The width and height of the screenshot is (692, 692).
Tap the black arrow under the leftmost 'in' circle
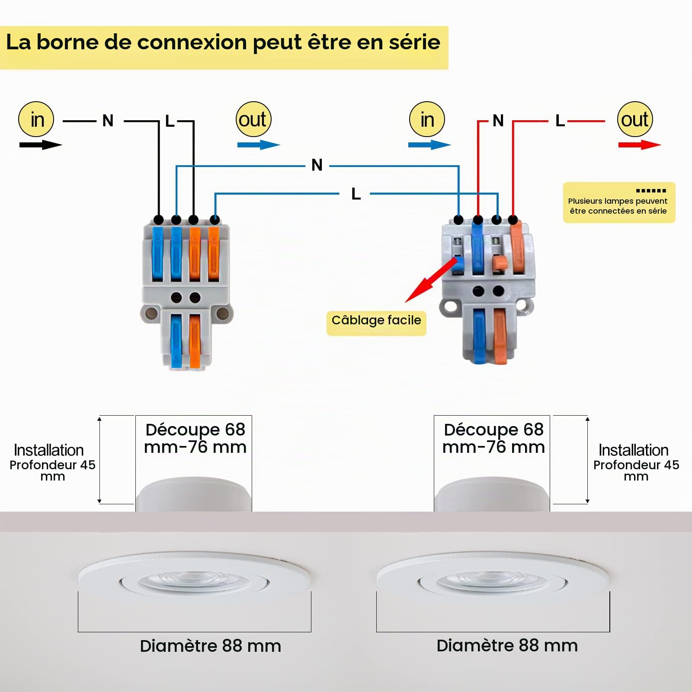click(41, 145)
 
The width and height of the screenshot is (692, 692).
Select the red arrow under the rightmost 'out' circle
click(640, 145)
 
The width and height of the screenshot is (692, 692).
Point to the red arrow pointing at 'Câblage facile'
click(431, 280)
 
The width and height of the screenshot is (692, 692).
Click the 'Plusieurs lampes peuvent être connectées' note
click(619, 202)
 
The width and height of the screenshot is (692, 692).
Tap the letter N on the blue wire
click(317, 165)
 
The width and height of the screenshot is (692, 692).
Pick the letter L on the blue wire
click(356, 194)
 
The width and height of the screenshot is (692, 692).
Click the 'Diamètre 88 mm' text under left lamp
click(211, 646)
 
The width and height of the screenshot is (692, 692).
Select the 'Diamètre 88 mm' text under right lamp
click(507, 645)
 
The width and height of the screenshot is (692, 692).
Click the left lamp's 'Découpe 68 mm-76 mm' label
click(195, 438)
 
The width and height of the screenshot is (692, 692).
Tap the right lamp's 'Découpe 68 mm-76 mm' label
click(493, 438)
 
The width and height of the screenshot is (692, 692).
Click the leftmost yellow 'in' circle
click(36, 119)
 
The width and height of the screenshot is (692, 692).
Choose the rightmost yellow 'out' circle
click(635, 119)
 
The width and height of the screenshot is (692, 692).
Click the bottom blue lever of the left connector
click(176, 340)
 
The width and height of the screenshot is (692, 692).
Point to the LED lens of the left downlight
click(194, 582)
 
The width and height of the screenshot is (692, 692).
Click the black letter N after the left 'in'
click(108, 121)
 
